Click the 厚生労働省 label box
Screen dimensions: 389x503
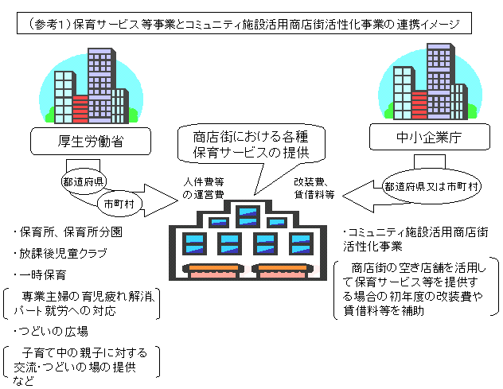point(79,142)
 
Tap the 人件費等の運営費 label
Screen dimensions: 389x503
point(203,188)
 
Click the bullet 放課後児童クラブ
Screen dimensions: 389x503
point(60,255)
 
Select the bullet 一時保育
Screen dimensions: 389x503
point(40,274)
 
